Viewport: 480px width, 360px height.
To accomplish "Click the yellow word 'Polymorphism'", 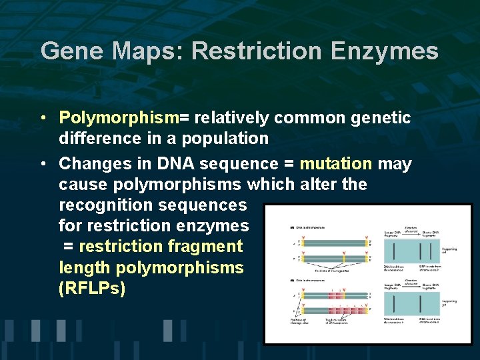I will (x=119, y=118).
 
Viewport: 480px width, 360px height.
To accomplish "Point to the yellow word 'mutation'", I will (x=336, y=163).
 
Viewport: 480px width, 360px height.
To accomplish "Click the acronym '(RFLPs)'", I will (x=92, y=289).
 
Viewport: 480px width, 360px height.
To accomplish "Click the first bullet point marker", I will (x=42, y=119).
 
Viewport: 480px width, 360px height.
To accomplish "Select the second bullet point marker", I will (x=42, y=164).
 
